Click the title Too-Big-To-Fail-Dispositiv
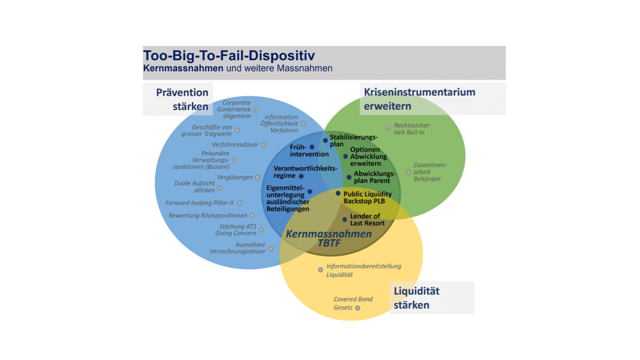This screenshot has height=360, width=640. [x=229, y=55]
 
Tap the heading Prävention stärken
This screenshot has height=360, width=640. [x=182, y=99]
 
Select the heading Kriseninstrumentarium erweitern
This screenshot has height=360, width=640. [x=419, y=99]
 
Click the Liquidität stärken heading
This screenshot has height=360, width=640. [x=416, y=298]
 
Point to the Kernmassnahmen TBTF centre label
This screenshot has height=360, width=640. [x=328, y=238]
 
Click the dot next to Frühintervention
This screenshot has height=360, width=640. [x=312, y=147]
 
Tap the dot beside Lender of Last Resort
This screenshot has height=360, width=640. [x=344, y=219]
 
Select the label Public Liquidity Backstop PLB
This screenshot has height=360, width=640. [x=367, y=197]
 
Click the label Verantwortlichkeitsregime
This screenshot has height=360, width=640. [x=305, y=172]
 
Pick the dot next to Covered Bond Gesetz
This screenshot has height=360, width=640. [x=357, y=308]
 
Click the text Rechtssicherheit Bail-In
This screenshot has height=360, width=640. [x=412, y=129]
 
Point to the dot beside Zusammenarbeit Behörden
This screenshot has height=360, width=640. [x=408, y=172]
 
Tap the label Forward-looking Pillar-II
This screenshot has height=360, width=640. [x=199, y=203]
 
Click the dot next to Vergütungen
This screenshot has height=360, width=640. [x=257, y=177]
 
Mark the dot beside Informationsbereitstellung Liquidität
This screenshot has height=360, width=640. [x=320, y=270]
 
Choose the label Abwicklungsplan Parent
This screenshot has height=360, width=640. [x=371, y=177]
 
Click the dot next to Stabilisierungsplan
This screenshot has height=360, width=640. [x=325, y=140]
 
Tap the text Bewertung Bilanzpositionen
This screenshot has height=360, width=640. [x=207, y=215]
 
